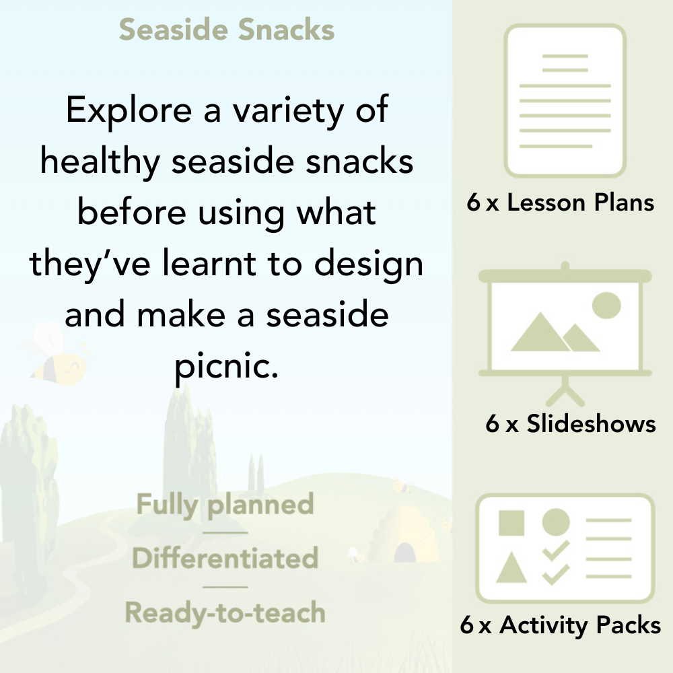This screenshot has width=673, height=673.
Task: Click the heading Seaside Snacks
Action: click(227, 30)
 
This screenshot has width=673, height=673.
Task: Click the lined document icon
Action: click(565, 101)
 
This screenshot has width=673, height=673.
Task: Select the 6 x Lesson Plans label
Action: click(561, 203)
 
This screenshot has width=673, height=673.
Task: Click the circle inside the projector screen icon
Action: click(606, 305)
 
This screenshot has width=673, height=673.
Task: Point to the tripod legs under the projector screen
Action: click(565, 391)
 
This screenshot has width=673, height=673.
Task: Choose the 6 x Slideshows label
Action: click(570, 423)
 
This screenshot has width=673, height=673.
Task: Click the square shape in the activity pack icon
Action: click(511, 522)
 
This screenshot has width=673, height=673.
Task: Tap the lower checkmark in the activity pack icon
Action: click(556, 574)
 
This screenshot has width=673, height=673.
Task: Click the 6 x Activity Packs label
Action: click(560, 625)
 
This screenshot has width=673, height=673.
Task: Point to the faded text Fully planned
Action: click(225, 505)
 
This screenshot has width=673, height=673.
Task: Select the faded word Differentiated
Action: click(225, 558)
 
